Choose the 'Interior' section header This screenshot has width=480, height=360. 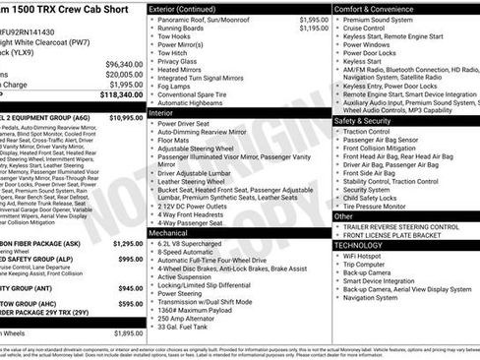162,113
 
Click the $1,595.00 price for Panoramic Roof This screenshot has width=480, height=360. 315,20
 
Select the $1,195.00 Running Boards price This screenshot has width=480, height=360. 315,29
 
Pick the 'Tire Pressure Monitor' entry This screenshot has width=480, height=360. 380,207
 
